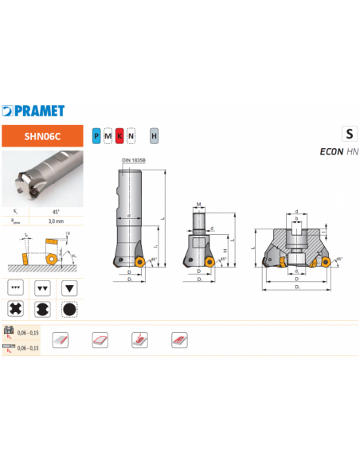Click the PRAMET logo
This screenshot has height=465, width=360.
tap(33, 111)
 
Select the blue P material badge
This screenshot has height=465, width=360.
tap(96, 136)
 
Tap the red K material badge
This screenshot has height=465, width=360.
tap(119, 136)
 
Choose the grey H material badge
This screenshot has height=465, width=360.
tap(154, 136)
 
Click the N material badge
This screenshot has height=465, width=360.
tap(131, 136)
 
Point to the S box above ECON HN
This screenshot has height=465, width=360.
tap(349, 134)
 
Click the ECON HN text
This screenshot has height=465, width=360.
tap(338, 151)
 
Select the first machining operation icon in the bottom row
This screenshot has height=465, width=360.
tap(60, 340)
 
